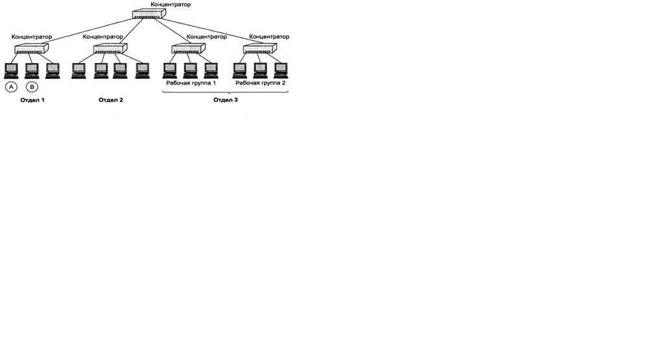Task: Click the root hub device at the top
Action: (149, 14)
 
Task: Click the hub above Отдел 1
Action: (32, 48)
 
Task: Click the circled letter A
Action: (11, 87)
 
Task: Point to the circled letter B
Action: (32, 87)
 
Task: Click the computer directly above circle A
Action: (11, 70)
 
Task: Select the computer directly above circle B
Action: (32, 70)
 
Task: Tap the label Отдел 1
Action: (32, 100)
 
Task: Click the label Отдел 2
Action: (110, 100)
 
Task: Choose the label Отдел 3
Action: (225, 100)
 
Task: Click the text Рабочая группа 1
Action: (191, 84)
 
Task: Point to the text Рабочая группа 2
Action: (260, 84)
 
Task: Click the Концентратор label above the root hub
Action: (170, 5)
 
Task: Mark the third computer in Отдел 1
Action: (53, 70)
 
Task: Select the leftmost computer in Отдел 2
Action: (79, 70)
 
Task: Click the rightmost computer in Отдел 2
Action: (142, 70)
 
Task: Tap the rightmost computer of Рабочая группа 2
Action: (280, 70)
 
